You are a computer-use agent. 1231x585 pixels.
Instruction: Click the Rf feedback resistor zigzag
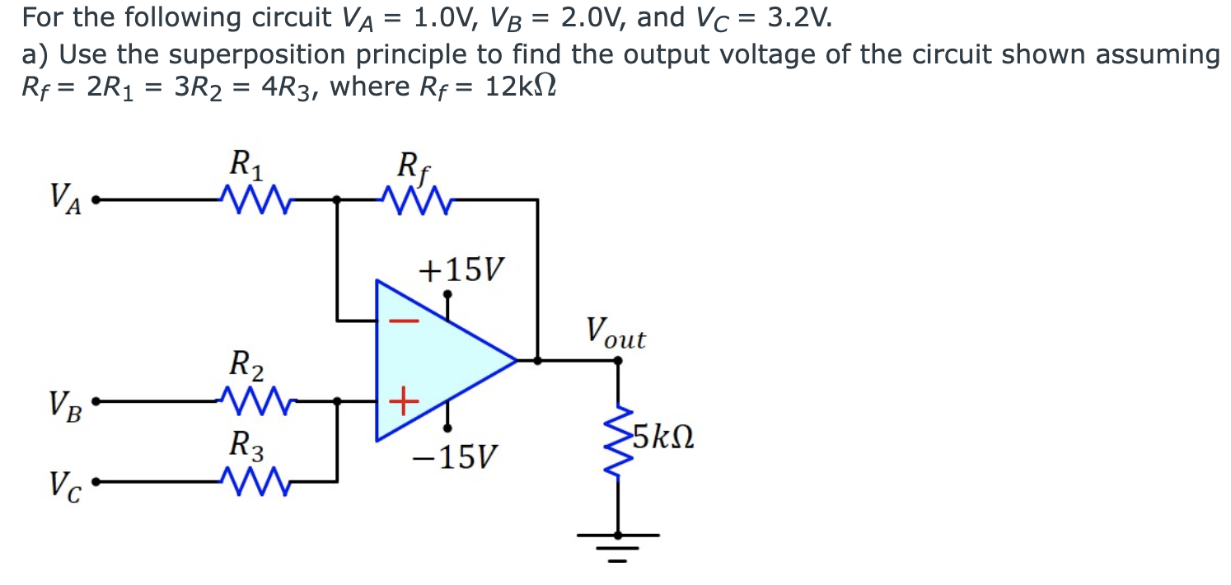coord(411,199)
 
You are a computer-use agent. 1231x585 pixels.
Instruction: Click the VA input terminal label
coord(66,199)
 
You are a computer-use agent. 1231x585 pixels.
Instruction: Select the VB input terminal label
coord(66,403)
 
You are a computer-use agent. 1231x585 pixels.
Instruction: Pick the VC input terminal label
coord(66,484)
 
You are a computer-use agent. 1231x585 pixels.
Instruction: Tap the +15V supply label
coord(462,269)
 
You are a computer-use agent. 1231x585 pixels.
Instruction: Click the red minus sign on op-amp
coord(403,321)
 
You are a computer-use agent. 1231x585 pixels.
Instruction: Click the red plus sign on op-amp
coord(400,403)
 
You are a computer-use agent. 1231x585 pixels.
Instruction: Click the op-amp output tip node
coord(517,360)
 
